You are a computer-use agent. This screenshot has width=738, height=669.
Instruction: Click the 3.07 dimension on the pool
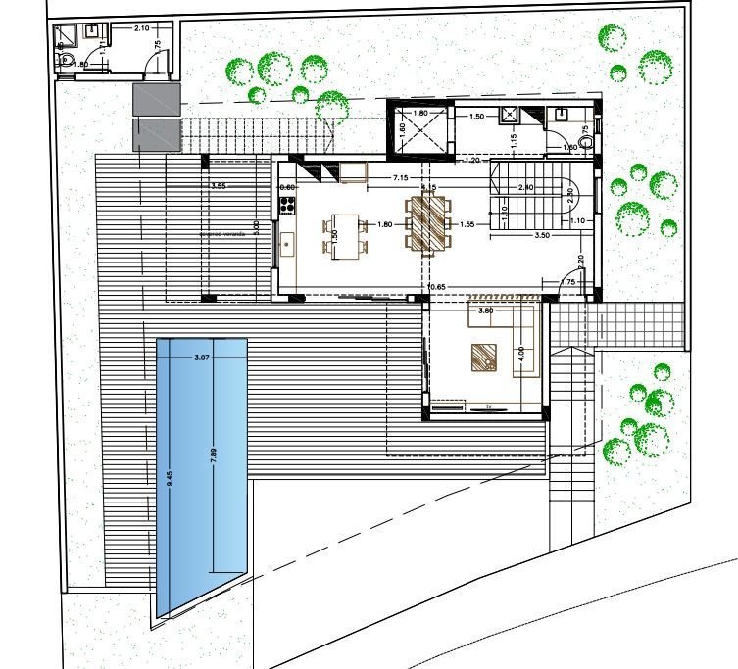coord(203,358)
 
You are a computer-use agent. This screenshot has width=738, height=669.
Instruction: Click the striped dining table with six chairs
coord(428,222)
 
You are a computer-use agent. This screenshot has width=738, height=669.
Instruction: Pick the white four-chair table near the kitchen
coord(339,236)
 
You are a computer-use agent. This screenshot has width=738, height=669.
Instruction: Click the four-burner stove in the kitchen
coord(288,206)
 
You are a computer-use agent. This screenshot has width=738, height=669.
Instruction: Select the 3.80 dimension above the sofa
coord(484,311)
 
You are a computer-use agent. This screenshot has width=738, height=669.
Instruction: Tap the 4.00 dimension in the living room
coord(520,352)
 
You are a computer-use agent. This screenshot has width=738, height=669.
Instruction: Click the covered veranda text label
coord(221,235)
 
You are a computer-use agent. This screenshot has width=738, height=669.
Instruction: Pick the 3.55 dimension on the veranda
coord(219,185)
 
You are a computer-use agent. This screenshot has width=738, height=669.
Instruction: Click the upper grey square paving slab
coord(157,99)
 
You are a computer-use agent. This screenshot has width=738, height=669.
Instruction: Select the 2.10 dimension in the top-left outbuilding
coord(141,28)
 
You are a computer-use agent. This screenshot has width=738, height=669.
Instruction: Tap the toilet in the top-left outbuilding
coord(66,61)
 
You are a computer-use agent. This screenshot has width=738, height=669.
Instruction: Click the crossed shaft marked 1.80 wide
coord(419,130)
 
